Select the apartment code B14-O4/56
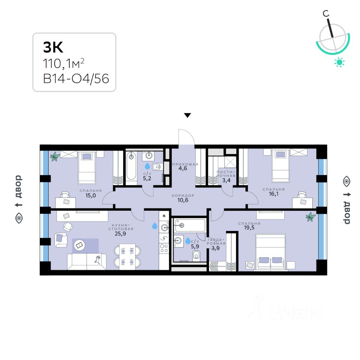click(76, 78)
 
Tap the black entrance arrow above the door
click(187, 115)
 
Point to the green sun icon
click(339, 62)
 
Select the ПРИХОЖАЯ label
click(185, 165)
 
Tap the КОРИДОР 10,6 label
click(183, 198)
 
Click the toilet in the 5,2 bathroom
click(157, 166)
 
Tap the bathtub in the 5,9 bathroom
click(189, 225)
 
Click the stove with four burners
click(164, 247)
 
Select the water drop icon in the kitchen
click(154, 226)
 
